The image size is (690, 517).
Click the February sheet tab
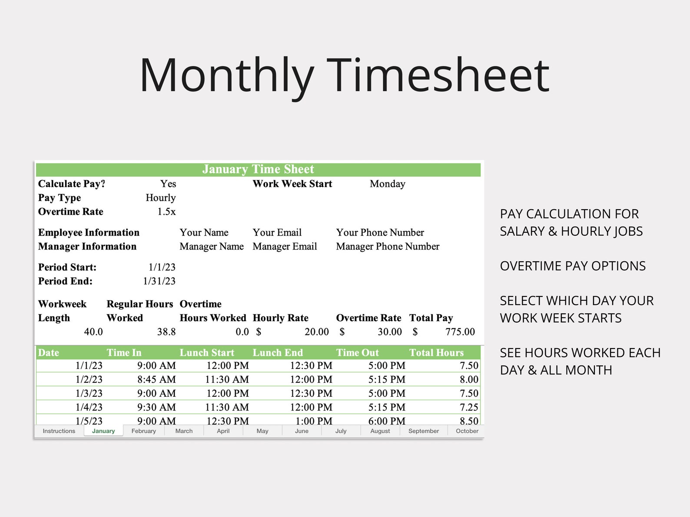pyautogui.click(x=143, y=431)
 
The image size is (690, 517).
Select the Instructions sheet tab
pyautogui.click(x=59, y=431)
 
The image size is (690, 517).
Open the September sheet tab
pyautogui.click(x=423, y=431)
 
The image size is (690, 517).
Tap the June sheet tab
pyautogui.click(x=302, y=431)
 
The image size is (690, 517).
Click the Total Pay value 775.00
pyautogui.click(x=460, y=332)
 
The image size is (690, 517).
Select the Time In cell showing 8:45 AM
pyautogui.click(x=156, y=379)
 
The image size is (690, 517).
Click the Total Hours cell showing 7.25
pyautogui.click(x=469, y=407)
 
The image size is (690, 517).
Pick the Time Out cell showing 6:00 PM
pyautogui.click(x=387, y=421)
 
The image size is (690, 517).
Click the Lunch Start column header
pyautogui.click(x=207, y=352)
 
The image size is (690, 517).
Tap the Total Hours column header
pyautogui.click(x=436, y=352)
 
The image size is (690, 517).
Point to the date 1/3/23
pyautogui.click(x=89, y=393)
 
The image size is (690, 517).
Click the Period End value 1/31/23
pyautogui.click(x=159, y=281)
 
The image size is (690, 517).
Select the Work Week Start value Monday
pyautogui.click(x=387, y=184)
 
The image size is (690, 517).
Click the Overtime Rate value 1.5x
pyautogui.click(x=166, y=212)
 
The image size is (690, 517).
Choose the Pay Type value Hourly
pyautogui.click(x=161, y=198)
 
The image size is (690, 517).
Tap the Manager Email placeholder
pyautogui.click(x=285, y=247)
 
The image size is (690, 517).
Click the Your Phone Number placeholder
pyautogui.click(x=380, y=233)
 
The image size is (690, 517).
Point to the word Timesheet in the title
pyautogui.click(x=438, y=76)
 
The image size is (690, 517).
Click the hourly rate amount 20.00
pyautogui.click(x=316, y=332)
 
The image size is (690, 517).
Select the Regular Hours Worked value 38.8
pyautogui.click(x=166, y=332)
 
